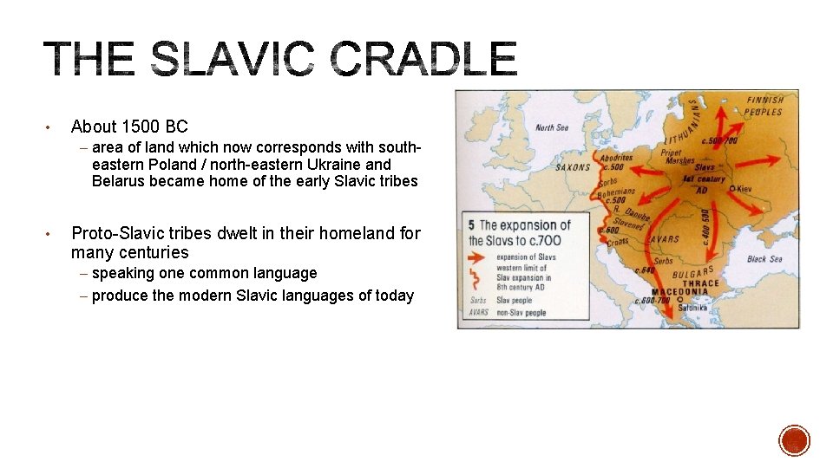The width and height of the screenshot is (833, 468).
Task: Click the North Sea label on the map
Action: pos(551,127)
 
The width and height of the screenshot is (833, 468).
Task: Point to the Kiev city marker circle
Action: pos(733,188)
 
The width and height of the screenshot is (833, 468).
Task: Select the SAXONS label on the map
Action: pos(573,167)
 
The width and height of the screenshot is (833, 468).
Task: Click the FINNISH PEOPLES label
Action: pos(764,106)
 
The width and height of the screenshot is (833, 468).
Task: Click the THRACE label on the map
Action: pos(701,283)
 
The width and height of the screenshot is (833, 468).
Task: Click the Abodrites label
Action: pos(616,158)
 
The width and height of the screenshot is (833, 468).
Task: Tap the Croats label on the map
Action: pos(617,242)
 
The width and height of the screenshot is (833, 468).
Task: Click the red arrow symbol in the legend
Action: pos(479,257)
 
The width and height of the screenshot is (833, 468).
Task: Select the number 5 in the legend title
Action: pos(471,225)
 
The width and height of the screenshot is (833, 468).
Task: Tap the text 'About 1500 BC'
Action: pos(129,127)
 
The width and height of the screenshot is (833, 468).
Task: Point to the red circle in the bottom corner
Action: pos(794,439)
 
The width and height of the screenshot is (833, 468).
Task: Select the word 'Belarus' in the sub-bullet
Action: pos(118,181)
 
